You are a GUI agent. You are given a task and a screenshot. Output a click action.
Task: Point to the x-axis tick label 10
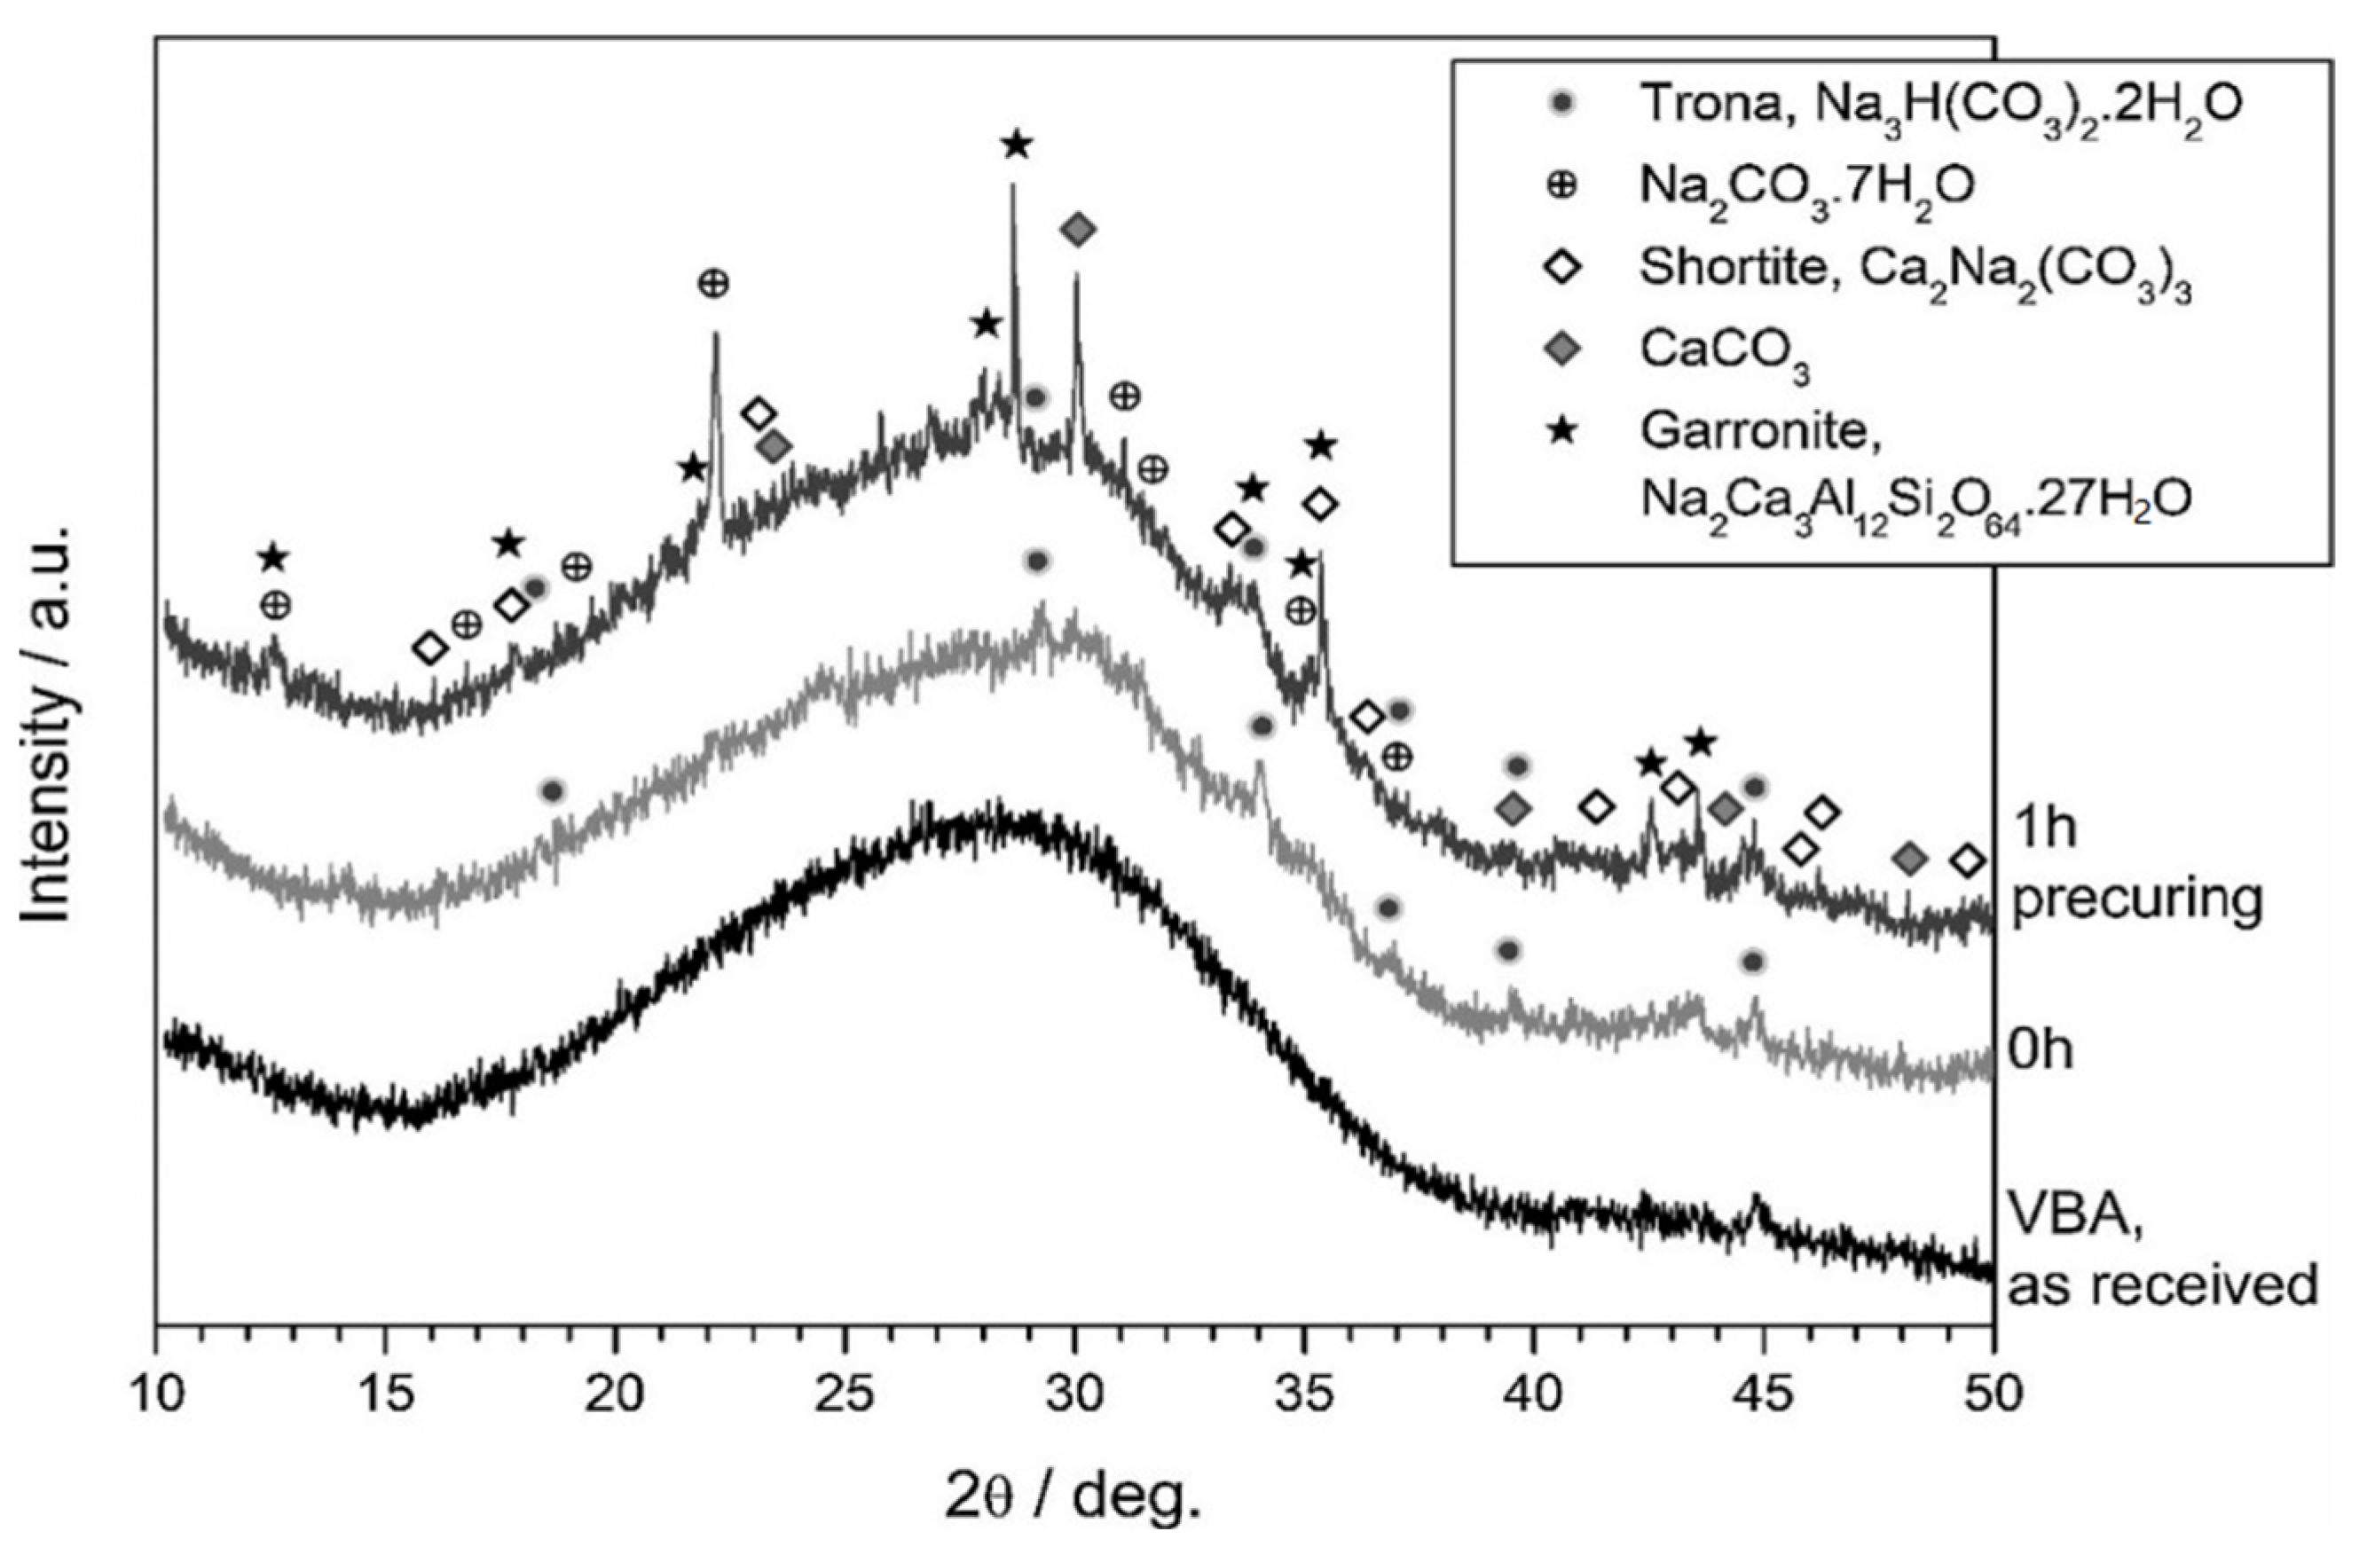(x=156, y=1394)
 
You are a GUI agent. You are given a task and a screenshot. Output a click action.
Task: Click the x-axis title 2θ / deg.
(x=1073, y=1496)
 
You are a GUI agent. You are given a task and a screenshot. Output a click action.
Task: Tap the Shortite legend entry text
(x=1915, y=270)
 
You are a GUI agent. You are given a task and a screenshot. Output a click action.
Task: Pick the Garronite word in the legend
(x=1760, y=431)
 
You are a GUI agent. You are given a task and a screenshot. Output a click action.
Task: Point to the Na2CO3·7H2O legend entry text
(x=1806, y=187)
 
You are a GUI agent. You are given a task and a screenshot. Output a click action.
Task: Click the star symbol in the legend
(x=1562, y=430)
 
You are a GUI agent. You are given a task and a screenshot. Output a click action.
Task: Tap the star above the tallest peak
(x=1016, y=145)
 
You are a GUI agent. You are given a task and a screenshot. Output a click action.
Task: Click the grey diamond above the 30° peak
(x=1078, y=231)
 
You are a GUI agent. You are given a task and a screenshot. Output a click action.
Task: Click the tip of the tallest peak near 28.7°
(x=1012, y=185)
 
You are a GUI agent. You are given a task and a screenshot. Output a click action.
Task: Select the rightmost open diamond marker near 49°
(x=1967, y=861)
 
